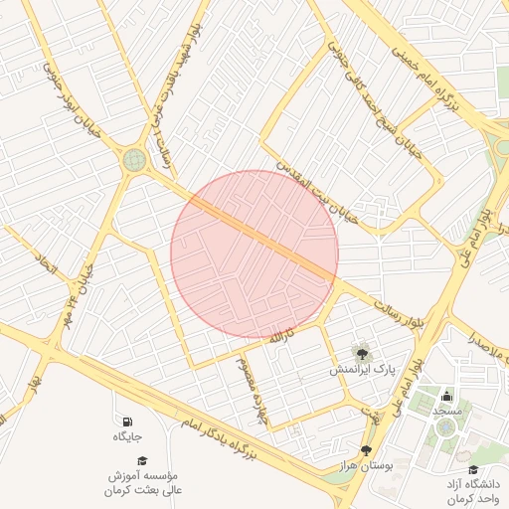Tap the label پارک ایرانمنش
point(363,369)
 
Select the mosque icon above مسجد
point(445,396)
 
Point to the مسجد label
point(446,411)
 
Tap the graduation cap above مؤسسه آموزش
point(142,460)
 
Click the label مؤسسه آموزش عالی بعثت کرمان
point(145,483)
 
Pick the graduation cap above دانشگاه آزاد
point(472,470)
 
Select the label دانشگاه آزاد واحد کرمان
point(472,491)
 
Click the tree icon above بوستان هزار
point(367,450)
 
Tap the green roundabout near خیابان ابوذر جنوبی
point(134,159)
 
